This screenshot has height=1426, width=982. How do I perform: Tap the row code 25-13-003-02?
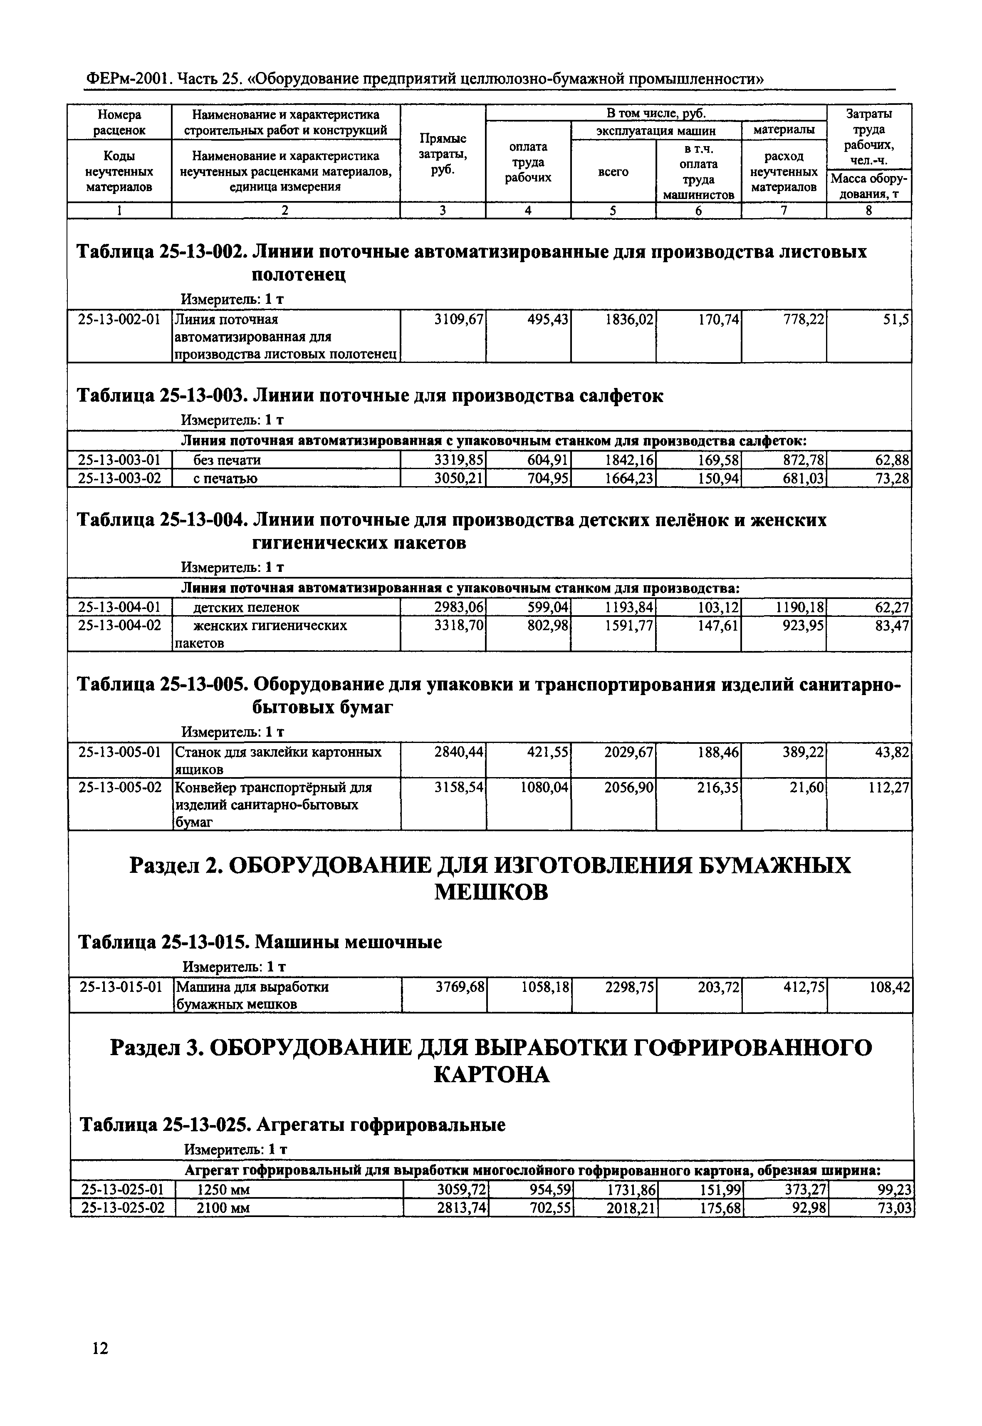[x=119, y=478]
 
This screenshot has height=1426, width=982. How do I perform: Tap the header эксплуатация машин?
[x=656, y=131]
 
